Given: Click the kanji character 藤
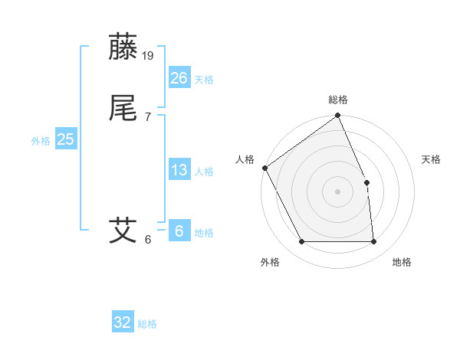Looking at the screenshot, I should tap(123, 47).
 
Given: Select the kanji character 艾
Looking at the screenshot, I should tap(123, 230).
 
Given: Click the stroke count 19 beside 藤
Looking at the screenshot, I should tap(149, 56).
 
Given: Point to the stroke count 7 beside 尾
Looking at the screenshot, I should tap(147, 117).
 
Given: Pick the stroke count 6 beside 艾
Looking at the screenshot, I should tap(147, 239).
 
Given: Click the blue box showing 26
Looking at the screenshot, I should tap(179, 77).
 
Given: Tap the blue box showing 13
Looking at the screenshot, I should tap(179, 170).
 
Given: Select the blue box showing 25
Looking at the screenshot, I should tap(65, 139).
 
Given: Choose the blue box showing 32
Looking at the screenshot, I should tap(123, 322).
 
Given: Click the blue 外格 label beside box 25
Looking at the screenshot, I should tap(41, 141).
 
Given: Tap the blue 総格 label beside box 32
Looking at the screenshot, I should tap(147, 324).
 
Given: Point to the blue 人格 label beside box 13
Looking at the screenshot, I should tap(204, 172).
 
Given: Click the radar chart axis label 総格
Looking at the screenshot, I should tap(338, 100).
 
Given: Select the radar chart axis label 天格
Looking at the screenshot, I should tap(432, 159).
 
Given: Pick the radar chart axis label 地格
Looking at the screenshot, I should tap(402, 262).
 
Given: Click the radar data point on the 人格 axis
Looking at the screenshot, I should tap(264, 168).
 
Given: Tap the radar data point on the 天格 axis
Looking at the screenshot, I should tap(366, 182).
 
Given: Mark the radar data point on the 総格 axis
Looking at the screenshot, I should tap(338, 116).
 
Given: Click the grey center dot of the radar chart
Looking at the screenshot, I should tap(337, 191).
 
